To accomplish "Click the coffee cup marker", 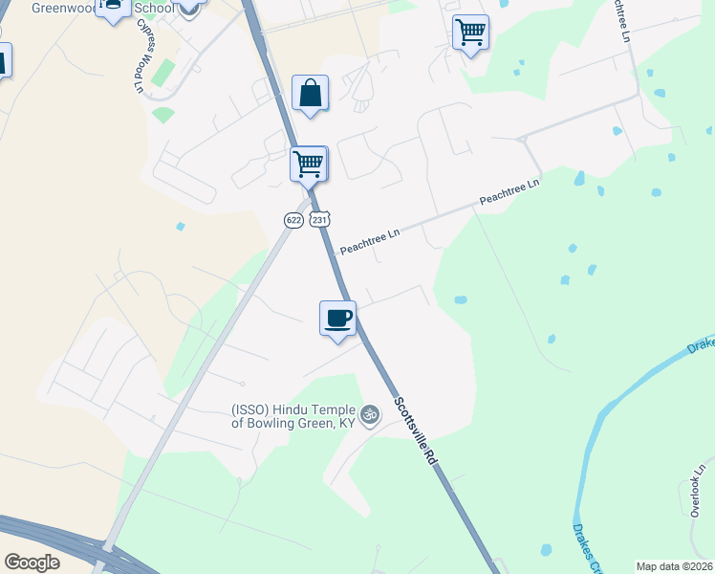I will [x=337, y=319].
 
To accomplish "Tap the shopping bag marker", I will [x=310, y=94].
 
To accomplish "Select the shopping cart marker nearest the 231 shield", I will [x=309, y=164].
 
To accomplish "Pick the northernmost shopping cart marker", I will [x=470, y=33].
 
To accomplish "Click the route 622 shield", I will [x=293, y=220].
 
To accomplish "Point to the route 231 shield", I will [x=320, y=220].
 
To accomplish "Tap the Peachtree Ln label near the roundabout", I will [x=510, y=194].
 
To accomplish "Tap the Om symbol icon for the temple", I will [x=370, y=414].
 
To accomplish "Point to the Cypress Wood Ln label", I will [x=137, y=57].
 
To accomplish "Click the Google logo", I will [x=32, y=563].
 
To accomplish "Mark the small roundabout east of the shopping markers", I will [x=522, y=140].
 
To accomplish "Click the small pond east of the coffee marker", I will [x=461, y=299].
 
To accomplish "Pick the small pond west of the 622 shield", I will [x=180, y=227].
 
